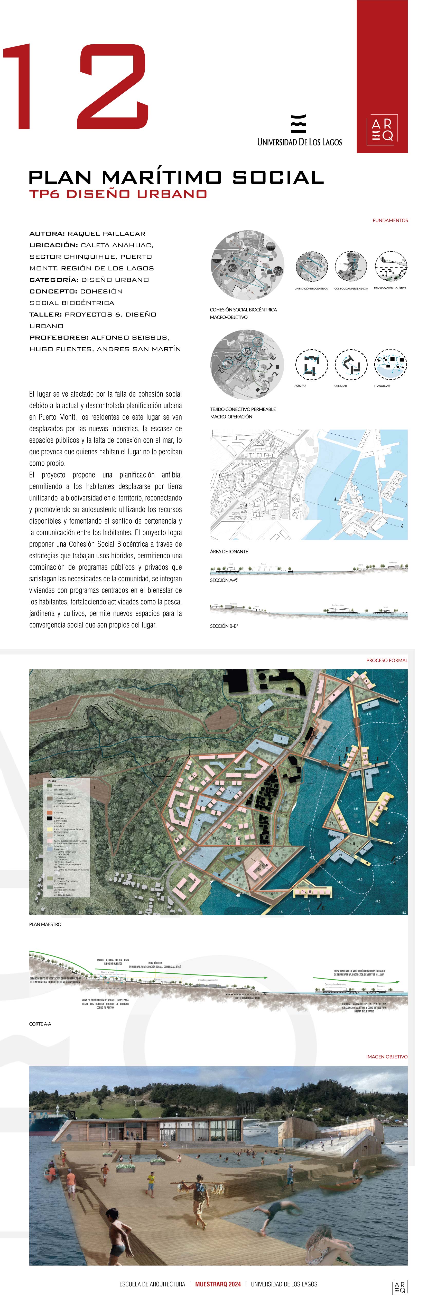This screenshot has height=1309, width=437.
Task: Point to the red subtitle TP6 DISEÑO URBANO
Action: click(118, 194)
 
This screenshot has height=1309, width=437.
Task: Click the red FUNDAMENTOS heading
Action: click(390, 221)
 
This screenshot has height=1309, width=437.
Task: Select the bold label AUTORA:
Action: click(47, 234)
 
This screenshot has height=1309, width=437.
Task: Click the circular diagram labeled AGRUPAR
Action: click(311, 364)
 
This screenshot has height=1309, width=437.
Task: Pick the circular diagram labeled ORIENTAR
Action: click(350, 364)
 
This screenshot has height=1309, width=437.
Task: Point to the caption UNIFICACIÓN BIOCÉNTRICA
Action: click(311, 289)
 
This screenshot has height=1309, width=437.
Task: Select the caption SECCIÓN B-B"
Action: click(224, 626)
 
